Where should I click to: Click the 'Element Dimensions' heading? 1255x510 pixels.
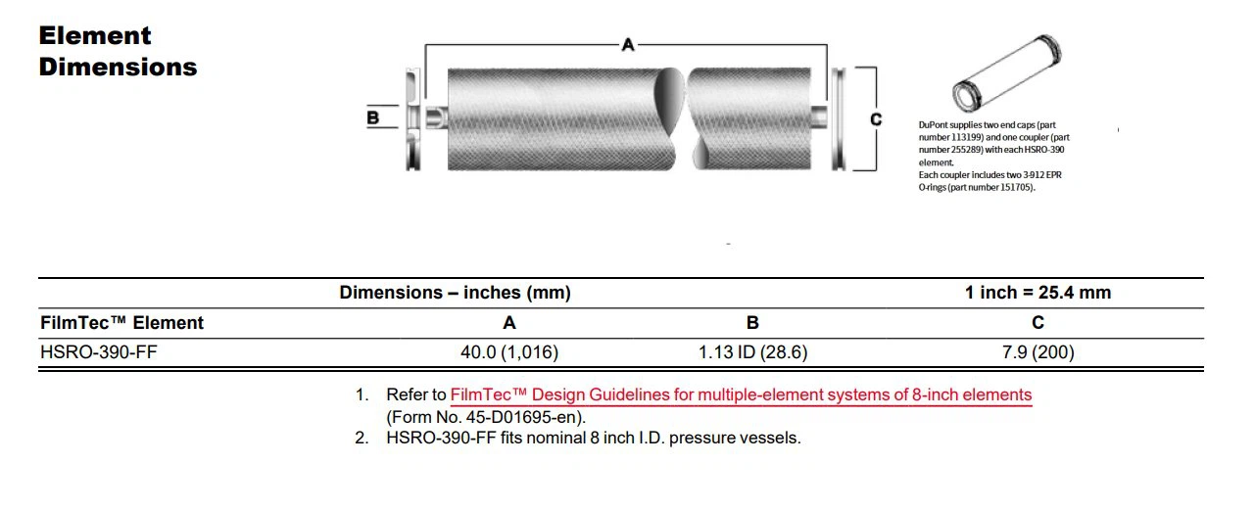(118, 52)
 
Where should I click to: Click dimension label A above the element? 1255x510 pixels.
(628, 44)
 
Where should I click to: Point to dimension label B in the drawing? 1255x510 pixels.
(372, 118)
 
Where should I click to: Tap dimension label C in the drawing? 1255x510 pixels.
(876, 119)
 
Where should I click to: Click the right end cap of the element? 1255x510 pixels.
(838, 119)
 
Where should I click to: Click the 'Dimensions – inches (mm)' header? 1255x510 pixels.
(455, 293)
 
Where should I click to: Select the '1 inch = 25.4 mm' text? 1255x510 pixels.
(1038, 293)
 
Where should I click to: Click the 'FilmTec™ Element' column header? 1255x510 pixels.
(121, 323)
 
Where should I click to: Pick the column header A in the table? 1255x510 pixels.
(509, 323)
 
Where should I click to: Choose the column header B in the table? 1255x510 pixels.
(752, 323)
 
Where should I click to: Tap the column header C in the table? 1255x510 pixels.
(1038, 323)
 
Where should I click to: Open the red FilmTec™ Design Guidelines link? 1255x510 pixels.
(741, 395)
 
